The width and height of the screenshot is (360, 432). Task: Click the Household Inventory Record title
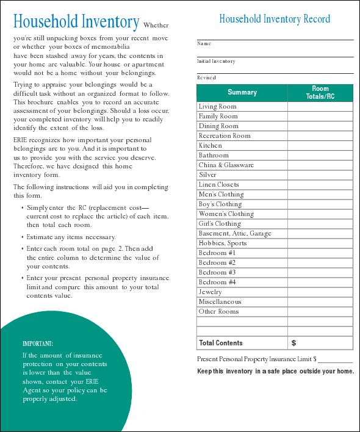[x=275, y=19]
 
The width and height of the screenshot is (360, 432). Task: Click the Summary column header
[x=242, y=93]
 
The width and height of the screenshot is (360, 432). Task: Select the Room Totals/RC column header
[x=320, y=93]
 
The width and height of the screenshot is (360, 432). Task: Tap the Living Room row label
[x=217, y=107]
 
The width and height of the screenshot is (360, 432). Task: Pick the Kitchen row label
[x=211, y=146]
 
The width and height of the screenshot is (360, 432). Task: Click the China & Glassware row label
[x=226, y=165]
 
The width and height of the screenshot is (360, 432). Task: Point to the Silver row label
[x=207, y=175]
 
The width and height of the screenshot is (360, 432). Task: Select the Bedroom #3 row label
[x=217, y=273]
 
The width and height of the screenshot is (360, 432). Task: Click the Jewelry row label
[x=211, y=292]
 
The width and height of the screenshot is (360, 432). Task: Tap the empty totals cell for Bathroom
[x=320, y=156]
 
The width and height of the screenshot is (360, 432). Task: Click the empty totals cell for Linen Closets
[x=320, y=185]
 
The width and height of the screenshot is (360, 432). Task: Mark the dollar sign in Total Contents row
[x=293, y=343]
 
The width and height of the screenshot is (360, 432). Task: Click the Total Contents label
[x=221, y=343]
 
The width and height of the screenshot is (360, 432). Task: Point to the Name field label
[x=204, y=44]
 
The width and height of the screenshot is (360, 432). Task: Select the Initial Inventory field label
[x=216, y=61]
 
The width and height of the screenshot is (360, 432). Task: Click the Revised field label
[x=206, y=78]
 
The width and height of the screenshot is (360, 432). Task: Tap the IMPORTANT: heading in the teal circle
[x=38, y=344]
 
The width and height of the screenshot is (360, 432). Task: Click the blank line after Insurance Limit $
[x=335, y=359]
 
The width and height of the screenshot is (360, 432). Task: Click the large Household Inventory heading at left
[x=76, y=23]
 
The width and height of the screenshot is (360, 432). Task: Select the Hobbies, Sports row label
[x=223, y=243]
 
